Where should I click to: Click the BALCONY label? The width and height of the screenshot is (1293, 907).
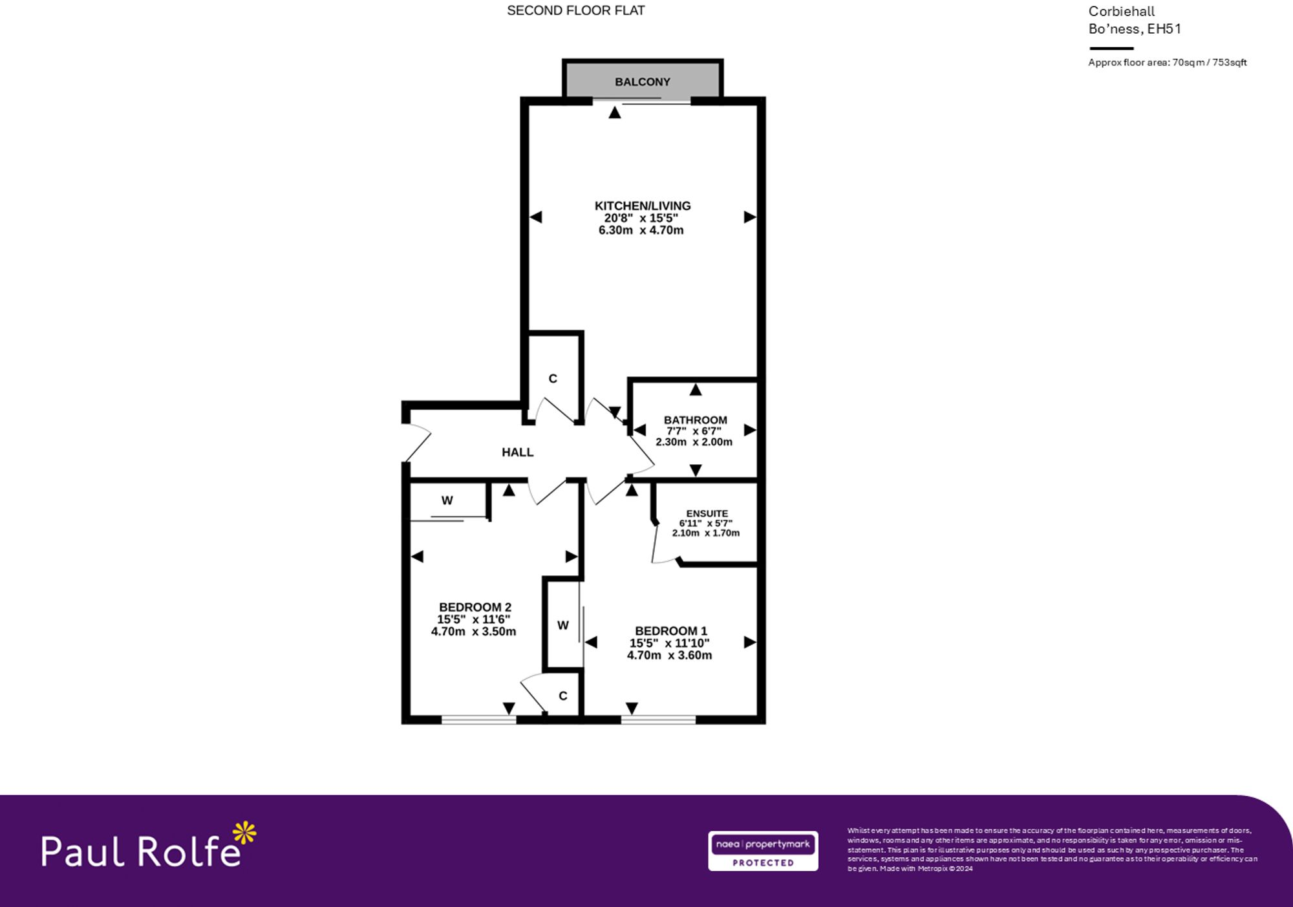(642, 82)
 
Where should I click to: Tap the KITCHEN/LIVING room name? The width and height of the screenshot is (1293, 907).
(642, 206)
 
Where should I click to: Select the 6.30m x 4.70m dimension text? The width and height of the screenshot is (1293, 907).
(641, 230)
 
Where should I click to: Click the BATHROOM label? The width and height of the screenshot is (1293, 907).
(695, 420)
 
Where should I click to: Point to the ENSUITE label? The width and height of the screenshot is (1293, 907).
(707, 513)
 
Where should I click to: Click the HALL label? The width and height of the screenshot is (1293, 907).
(517, 453)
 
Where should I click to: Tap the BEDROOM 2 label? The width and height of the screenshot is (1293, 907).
(475, 607)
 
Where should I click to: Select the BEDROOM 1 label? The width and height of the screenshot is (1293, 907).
(670, 630)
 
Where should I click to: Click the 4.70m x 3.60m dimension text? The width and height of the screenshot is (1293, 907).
(669, 655)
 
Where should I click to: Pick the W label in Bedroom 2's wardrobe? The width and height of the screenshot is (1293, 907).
(447, 500)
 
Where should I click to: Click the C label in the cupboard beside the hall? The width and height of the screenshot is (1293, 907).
(552, 379)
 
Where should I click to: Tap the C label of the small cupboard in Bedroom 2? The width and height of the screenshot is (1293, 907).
(562, 696)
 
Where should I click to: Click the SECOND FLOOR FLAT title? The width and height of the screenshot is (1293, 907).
(575, 10)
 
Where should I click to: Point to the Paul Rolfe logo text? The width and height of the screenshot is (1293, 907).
(141, 851)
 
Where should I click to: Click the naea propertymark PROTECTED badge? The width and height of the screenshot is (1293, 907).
(762, 851)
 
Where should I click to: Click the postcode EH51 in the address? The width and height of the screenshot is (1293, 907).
(1164, 28)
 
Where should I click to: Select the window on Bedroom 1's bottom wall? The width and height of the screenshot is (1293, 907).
(658, 719)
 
